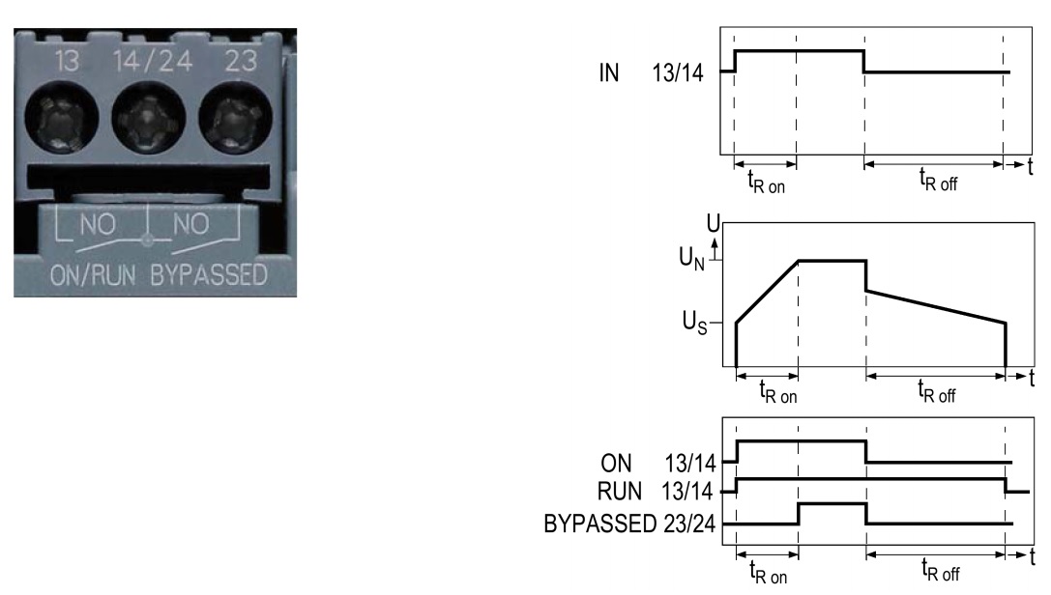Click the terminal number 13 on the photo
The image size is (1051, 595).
tap(67, 61)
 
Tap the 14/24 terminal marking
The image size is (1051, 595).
tap(153, 61)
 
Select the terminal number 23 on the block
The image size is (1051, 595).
tap(241, 61)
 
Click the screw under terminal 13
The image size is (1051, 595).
tap(62, 119)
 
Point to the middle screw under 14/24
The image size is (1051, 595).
tap(148, 119)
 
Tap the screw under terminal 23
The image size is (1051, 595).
tap(235, 119)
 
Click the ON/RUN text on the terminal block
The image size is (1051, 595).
tap(93, 275)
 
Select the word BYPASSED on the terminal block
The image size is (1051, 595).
tap(209, 275)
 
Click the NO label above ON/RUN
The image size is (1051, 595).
tap(98, 224)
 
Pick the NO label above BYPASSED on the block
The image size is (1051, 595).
tap(191, 224)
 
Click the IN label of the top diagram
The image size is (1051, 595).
tap(608, 72)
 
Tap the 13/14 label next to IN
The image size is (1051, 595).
tap(678, 72)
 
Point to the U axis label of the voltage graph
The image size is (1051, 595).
tap(714, 223)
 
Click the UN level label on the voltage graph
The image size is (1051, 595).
tap(691, 258)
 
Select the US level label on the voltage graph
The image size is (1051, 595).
tap(694, 322)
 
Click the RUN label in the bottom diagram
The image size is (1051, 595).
tap(620, 492)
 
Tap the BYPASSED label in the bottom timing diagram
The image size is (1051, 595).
tap(599, 524)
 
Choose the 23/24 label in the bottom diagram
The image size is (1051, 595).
tap(689, 524)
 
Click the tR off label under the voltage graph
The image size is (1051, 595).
tap(936, 391)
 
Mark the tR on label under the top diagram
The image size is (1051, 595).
tap(766, 182)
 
